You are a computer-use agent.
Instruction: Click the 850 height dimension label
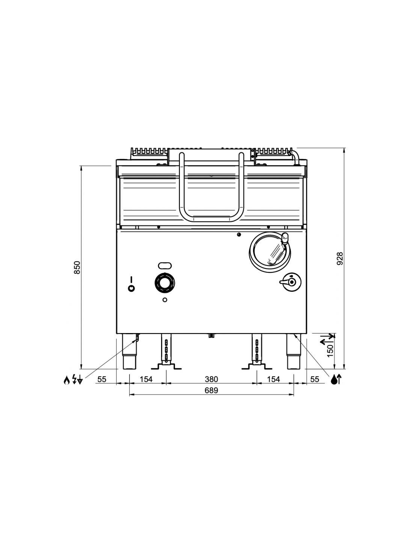tap(77, 267)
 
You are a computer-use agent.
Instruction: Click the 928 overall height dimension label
tap(339, 258)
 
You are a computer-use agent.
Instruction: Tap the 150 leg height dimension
tap(330, 351)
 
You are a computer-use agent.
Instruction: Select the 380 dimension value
tap(211, 379)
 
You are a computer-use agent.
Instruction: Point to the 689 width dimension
tap(211, 390)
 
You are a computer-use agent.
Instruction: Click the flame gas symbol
tap(66, 380)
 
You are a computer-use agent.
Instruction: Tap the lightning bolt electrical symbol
tap(74, 380)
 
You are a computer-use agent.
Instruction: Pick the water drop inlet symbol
tap(334, 380)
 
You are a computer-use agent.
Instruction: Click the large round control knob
tap(165, 283)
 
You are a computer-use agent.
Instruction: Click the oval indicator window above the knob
tap(165, 265)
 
